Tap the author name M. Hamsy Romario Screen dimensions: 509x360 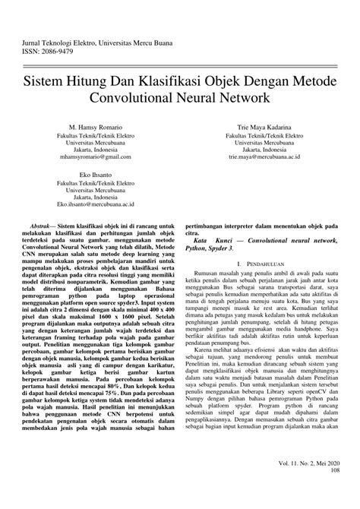pos(95,125)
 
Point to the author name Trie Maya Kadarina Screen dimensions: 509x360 pos(264,125)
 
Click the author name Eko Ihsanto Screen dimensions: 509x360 pos(95,174)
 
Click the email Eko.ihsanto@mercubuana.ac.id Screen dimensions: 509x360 pos(95,204)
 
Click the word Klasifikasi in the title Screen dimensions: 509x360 pos(169,79)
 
